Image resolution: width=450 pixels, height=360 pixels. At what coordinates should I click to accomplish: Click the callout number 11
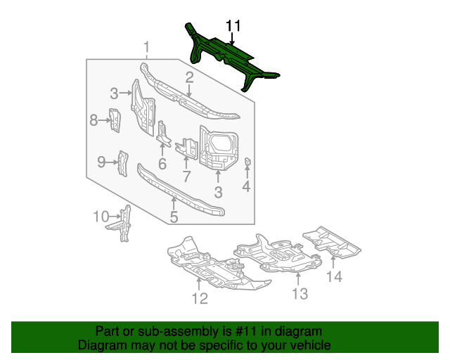[x=233, y=26]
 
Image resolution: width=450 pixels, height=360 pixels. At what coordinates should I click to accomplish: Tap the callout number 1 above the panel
[x=146, y=48]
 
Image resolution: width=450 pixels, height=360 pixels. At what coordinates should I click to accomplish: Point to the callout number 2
[x=189, y=77]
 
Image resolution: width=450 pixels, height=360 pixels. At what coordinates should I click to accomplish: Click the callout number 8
[x=94, y=120]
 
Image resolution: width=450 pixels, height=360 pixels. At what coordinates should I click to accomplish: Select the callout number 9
[x=101, y=162]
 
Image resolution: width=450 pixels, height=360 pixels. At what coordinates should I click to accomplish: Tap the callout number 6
[x=162, y=165]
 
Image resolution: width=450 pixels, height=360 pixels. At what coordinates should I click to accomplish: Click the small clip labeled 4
[x=247, y=162]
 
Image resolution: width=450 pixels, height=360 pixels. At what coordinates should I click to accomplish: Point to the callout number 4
[x=246, y=187]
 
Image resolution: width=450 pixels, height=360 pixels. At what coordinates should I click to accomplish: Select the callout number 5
[x=173, y=217]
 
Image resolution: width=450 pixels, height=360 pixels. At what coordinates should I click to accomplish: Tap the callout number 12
[x=200, y=299]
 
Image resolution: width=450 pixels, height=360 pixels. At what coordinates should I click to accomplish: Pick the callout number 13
[x=300, y=294]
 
